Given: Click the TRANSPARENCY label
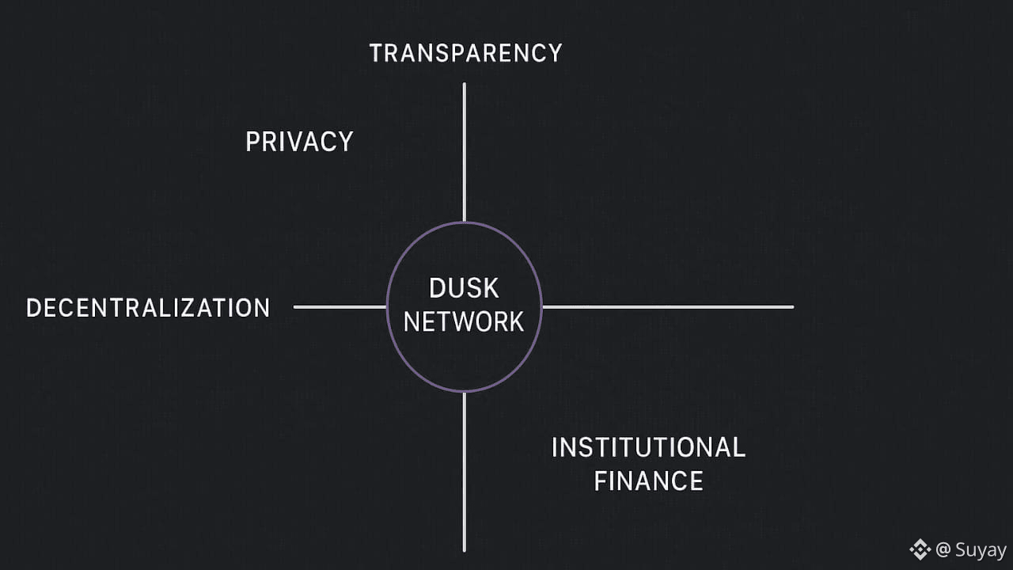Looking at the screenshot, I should tap(465, 53).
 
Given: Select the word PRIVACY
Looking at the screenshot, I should tap(299, 142).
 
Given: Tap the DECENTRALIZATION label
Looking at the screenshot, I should tap(148, 308).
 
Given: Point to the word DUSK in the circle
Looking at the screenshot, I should tap(464, 288).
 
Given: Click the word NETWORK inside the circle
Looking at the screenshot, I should tap(464, 321).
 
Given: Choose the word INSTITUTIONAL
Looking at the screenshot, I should tap(648, 447).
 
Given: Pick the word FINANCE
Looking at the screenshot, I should tap(648, 481).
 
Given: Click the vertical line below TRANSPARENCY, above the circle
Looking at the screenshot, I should tap(464, 150).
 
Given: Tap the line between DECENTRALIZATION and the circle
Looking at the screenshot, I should tap(340, 306).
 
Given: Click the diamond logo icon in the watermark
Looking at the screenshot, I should tap(920, 549).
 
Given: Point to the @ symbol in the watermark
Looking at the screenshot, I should tap(943, 549).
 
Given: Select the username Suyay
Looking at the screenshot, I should tap(981, 550).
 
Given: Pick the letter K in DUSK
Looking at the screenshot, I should tap(491, 288).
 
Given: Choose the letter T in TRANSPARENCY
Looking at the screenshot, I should tap(378, 53).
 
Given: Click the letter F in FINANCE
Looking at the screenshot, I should tap(601, 481).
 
